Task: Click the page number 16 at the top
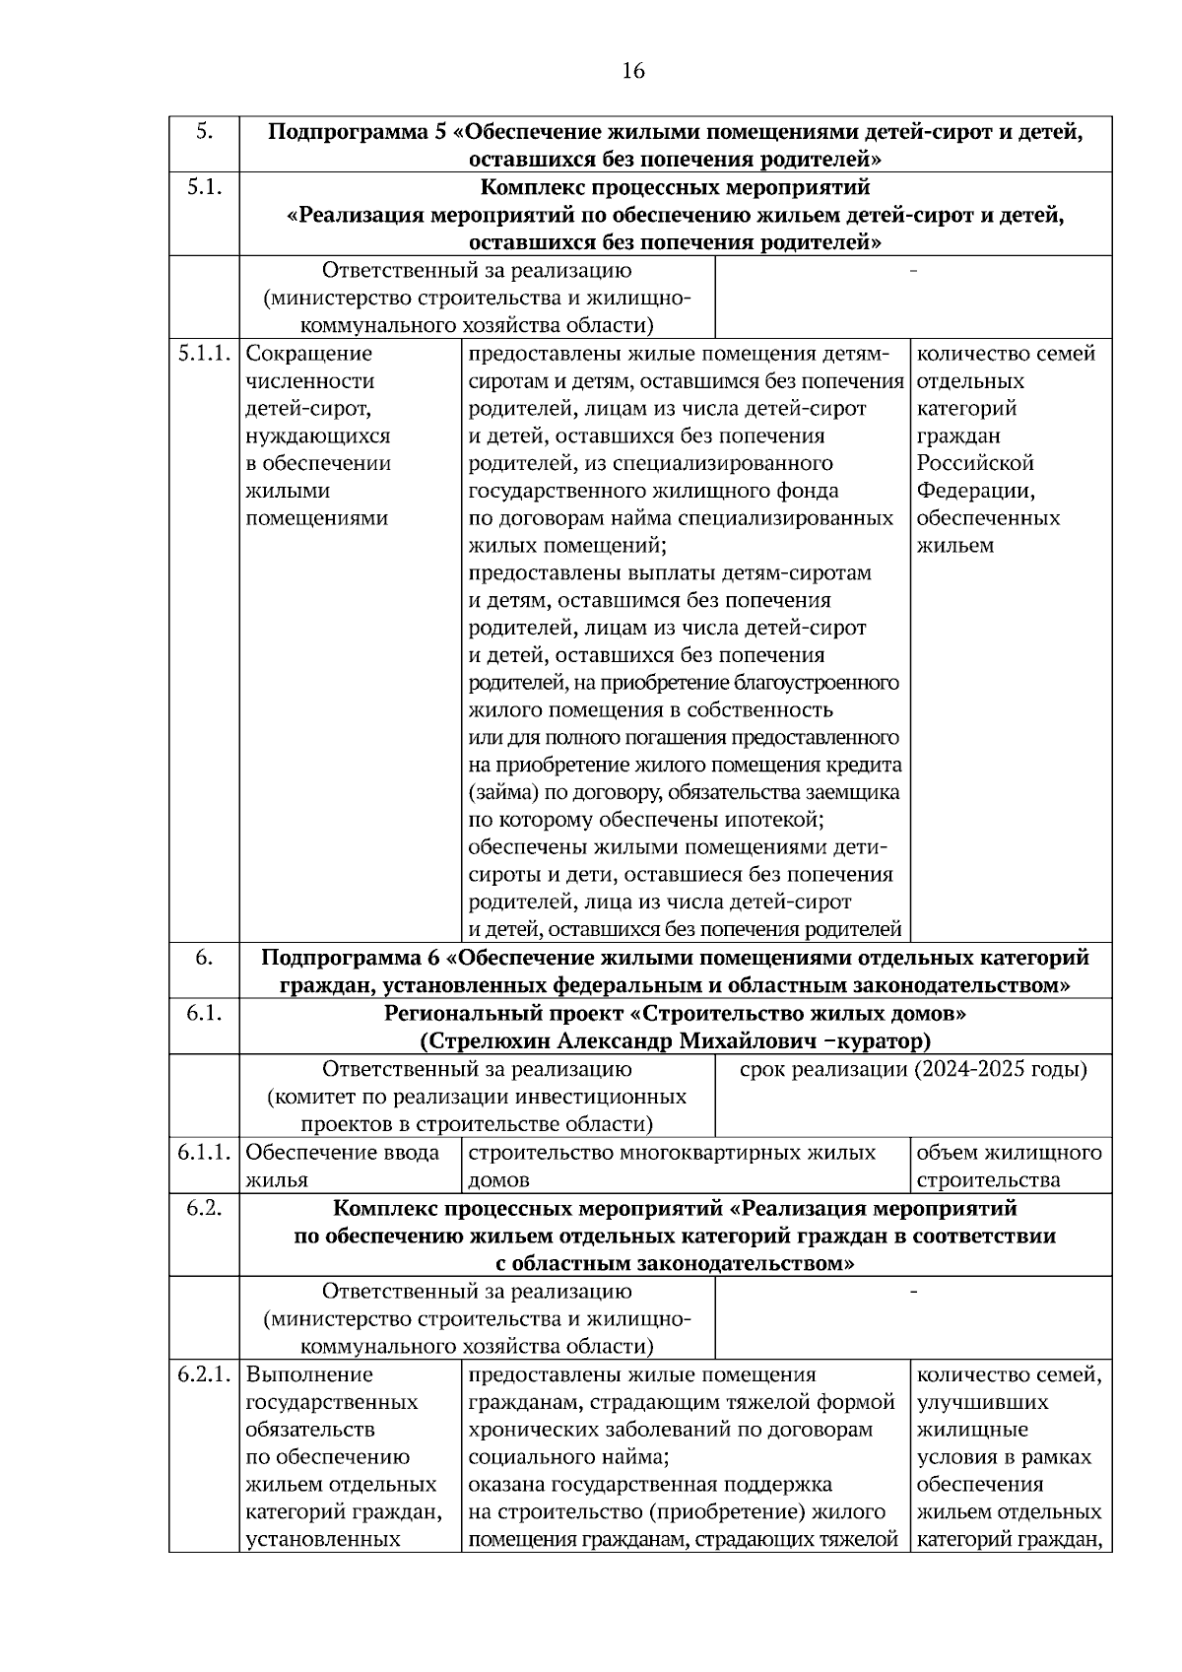tap(633, 71)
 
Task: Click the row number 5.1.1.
tap(204, 353)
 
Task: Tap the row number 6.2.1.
tap(204, 1373)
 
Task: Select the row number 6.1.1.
tap(204, 1152)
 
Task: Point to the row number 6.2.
tap(204, 1207)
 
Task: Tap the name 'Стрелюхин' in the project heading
tap(479, 1040)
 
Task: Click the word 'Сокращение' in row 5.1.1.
tap(308, 353)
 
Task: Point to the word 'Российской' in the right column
tap(975, 463)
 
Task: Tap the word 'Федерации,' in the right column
tap(975, 491)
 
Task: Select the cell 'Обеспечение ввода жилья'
tap(342, 1166)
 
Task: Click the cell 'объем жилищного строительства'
tap(1009, 1166)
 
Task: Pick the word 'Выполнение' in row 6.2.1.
tap(309, 1373)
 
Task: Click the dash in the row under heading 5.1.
tap(913, 270)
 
